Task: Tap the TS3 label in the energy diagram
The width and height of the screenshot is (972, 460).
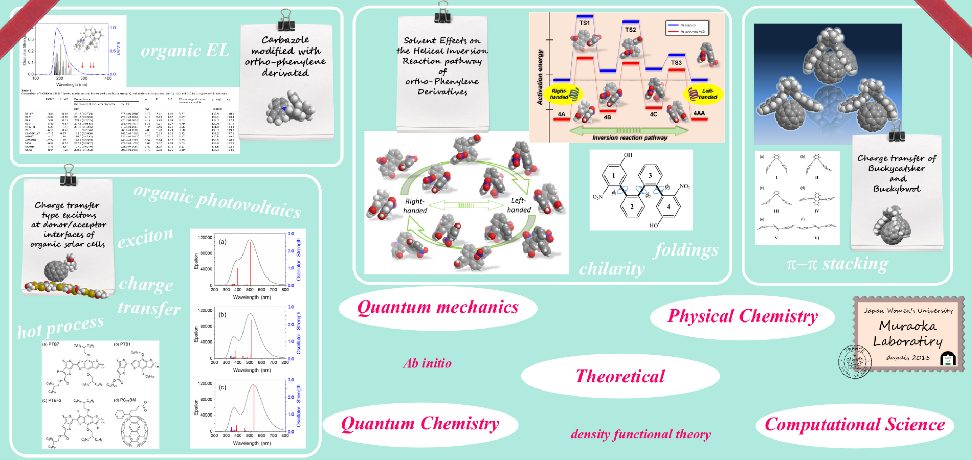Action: (x=676, y=63)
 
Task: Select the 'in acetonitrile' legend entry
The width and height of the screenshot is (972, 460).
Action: (x=692, y=32)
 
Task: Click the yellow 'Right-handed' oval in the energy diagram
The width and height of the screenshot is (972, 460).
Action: (x=562, y=94)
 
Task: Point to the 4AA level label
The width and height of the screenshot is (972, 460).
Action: (x=699, y=113)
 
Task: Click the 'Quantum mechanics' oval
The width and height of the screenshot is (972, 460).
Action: (x=438, y=307)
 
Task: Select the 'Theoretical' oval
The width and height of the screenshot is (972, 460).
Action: (x=620, y=376)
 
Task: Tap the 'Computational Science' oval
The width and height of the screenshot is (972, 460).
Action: (x=855, y=425)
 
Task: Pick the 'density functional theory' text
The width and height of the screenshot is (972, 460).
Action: (x=640, y=434)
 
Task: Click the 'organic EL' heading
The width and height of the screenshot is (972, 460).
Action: (x=185, y=50)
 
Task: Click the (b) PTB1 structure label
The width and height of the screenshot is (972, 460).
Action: (x=122, y=344)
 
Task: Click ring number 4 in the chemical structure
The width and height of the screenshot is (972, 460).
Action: (x=668, y=206)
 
